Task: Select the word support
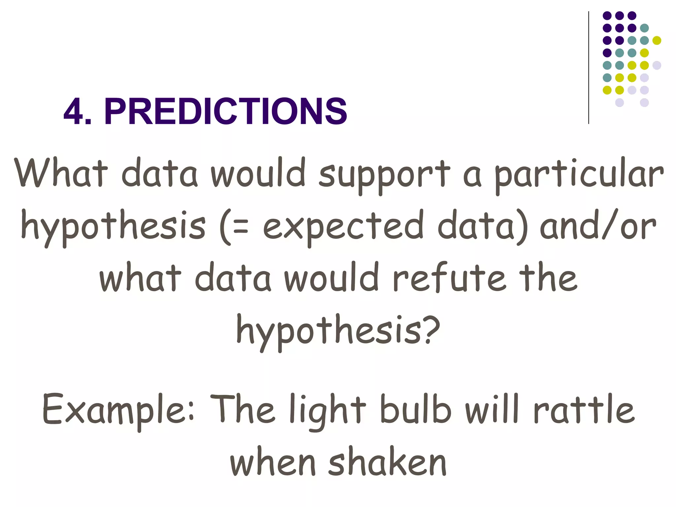click(x=385, y=175)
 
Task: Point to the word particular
click(x=579, y=175)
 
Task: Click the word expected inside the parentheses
click(x=343, y=228)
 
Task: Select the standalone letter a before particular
click(x=472, y=177)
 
